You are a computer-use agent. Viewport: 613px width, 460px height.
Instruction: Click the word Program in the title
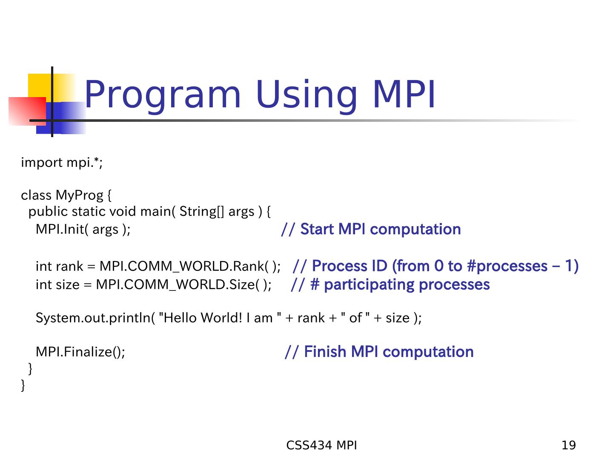coord(162,95)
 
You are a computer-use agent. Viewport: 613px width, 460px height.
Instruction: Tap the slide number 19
coord(568,445)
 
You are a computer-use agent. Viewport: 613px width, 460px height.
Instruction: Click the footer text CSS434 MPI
coord(321,445)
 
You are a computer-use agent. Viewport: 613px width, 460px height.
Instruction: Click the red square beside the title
coord(27,111)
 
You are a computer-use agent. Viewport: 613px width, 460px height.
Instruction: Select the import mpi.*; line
coord(62,163)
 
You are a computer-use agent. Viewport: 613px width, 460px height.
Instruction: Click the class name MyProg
coord(79,195)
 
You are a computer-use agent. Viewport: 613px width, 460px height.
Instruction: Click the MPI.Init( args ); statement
coord(83,230)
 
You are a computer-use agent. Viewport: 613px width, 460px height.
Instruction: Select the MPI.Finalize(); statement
coord(80,352)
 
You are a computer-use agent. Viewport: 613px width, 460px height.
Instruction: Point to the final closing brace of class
coord(23,385)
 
